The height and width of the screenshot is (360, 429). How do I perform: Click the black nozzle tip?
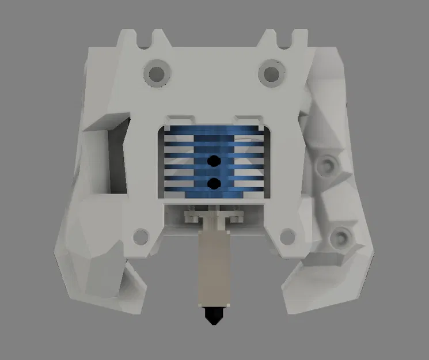coord(214,314)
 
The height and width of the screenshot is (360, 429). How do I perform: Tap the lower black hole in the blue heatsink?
coord(214,183)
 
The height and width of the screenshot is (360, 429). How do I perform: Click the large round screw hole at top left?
coord(156,73)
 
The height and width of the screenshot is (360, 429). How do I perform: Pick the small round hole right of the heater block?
coord(286,235)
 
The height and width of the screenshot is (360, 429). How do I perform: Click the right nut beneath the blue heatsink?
coord(236,217)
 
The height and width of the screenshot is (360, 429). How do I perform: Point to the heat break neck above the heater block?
coord(214,222)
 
